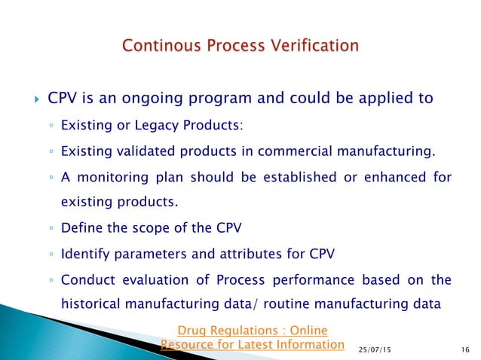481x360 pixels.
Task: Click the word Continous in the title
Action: click(x=162, y=47)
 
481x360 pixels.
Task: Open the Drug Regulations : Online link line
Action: click(x=253, y=330)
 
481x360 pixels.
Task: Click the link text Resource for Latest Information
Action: click(x=253, y=344)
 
